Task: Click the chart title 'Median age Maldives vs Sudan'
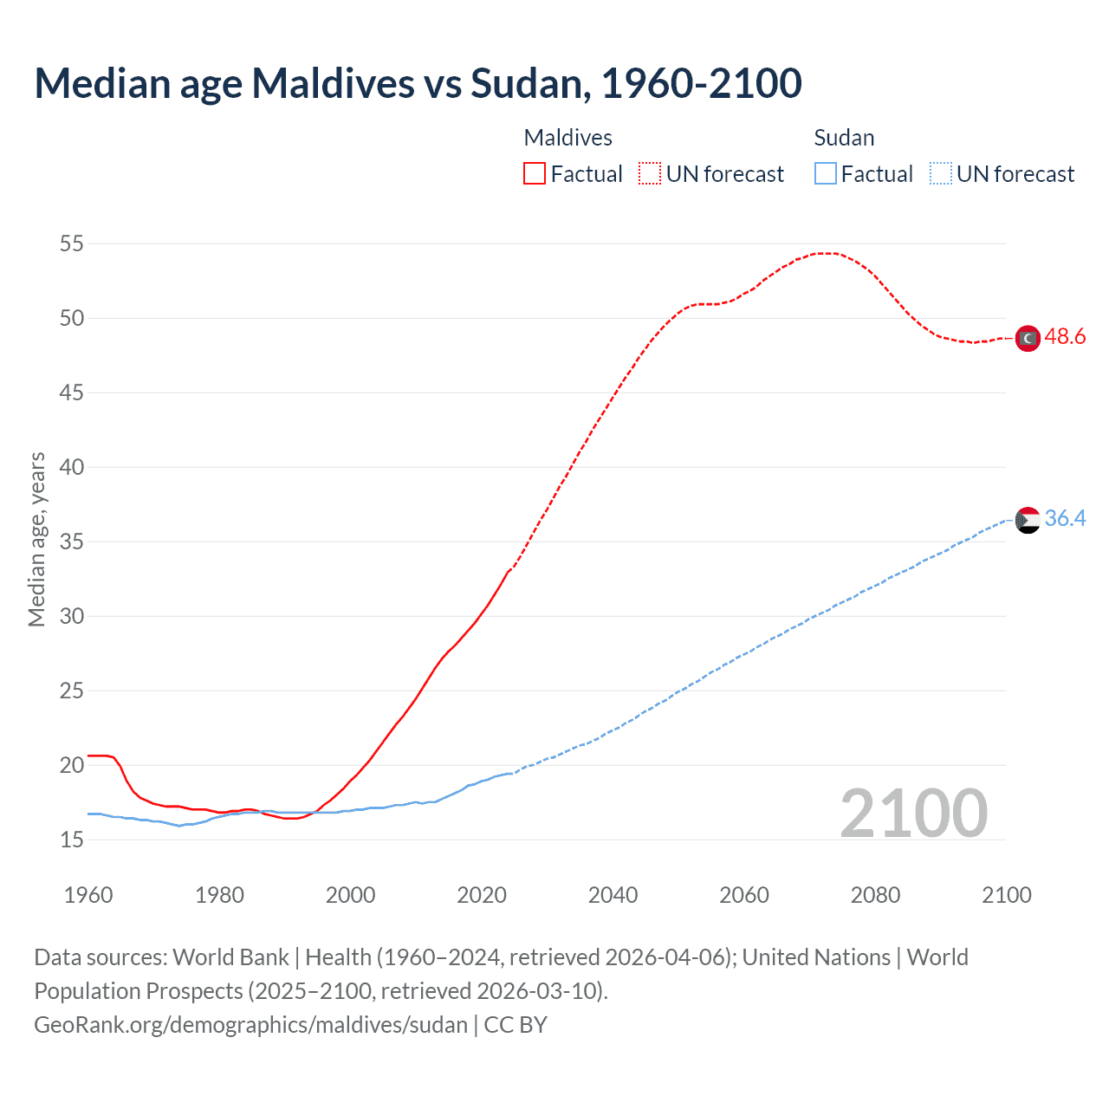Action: pos(418,83)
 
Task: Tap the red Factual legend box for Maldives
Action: pos(535,173)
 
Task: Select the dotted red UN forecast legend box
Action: pos(650,173)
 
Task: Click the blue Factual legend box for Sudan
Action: pos(826,173)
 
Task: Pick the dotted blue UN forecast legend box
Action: pos(941,173)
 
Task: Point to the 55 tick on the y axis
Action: pos(72,243)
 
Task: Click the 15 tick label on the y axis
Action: pos(72,840)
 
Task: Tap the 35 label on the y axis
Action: pos(72,542)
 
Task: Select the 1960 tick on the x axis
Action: pos(88,895)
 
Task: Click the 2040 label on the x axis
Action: pos(613,895)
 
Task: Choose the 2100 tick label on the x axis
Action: pos(1007,895)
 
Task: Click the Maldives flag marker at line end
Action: pos(1028,338)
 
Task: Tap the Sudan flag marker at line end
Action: pos(1028,520)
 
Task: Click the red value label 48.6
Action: pos(1065,336)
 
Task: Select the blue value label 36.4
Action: pos(1065,518)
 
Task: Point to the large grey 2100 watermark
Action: pos(913,814)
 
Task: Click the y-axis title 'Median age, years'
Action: pos(36,539)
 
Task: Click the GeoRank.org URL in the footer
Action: pos(250,1025)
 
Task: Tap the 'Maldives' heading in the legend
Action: pos(567,138)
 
